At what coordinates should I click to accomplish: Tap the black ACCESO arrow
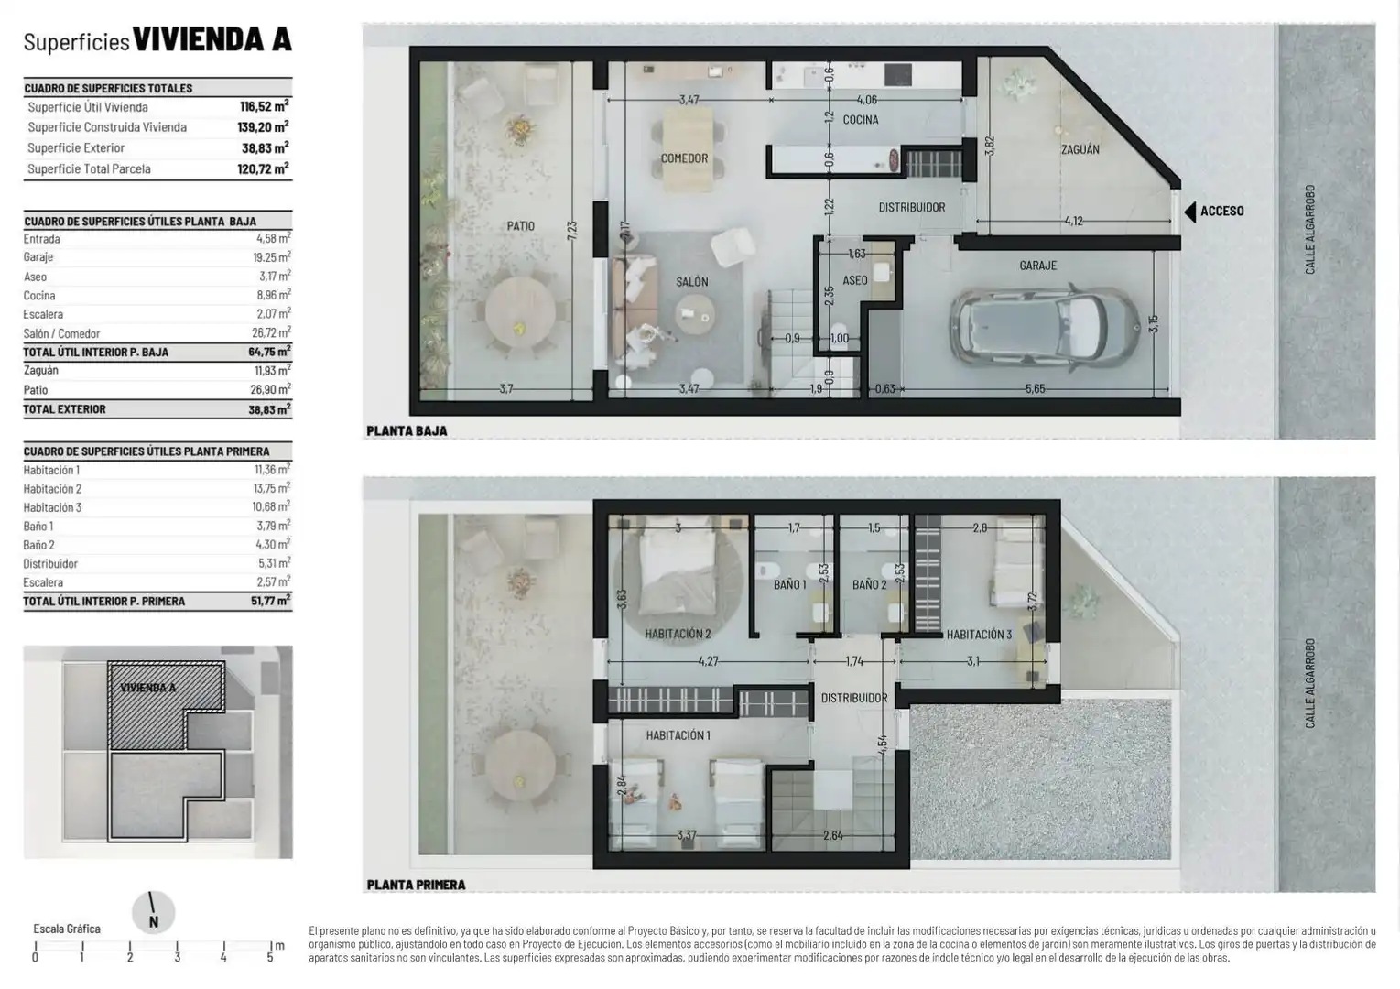pyautogui.click(x=1190, y=212)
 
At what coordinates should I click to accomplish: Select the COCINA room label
pyautogui.click(x=861, y=119)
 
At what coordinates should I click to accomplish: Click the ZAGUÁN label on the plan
pyautogui.click(x=1080, y=149)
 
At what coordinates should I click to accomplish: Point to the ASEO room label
pyautogui.click(x=855, y=280)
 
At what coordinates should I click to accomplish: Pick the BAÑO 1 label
pyautogui.click(x=790, y=584)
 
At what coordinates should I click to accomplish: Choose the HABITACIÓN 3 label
pyautogui.click(x=979, y=635)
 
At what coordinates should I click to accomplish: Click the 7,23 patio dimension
pyautogui.click(x=572, y=230)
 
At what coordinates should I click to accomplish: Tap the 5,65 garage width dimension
pyautogui.click(x=1035, y=389)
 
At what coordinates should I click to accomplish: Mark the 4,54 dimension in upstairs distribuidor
pyautogui.click(x=883, y=745)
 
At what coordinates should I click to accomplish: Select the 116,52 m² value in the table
pyautogui.click(x=265, y=106)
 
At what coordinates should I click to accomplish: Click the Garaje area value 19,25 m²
pyautogui.click(x=272, y=257)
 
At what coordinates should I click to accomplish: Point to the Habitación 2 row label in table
pyautogui.click(x=52, y=489)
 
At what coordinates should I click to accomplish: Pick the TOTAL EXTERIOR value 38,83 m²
pyautogui.click(x=269, y=409)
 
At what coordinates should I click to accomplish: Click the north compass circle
pyautogui.click(x=153, y=912)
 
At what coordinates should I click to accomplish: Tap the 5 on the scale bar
pyautogui.click(x=270, y=957)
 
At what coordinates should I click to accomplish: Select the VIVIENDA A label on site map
pyautogui.click(x=148, y=688)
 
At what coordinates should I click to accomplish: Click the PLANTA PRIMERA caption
pyautogui.click(x=417, y=885)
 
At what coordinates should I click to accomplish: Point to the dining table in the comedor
pyautogui.click(x=688, y=149)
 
